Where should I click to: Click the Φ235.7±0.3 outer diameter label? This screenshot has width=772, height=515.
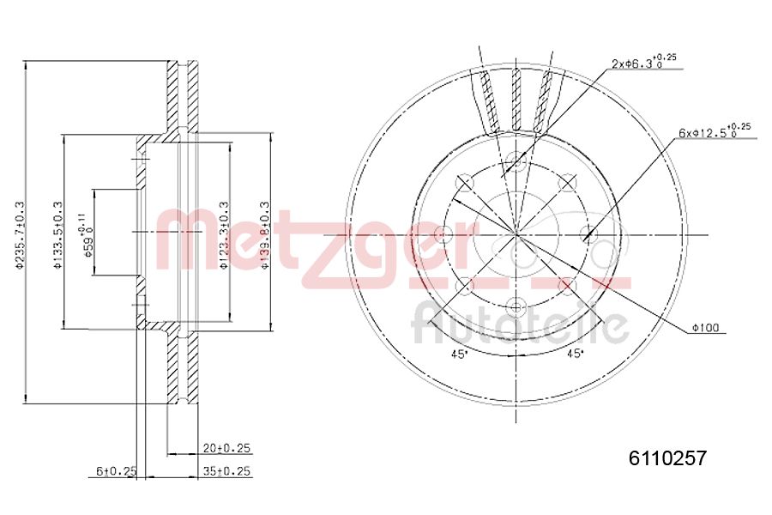[x=19, y=233]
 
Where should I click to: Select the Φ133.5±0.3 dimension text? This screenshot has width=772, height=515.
[x=57, y=233]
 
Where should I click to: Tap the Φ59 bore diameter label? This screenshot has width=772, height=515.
[x=86, y=233]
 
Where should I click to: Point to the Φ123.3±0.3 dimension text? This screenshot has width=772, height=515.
[x=223, y=233]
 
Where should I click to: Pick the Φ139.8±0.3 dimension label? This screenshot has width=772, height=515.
[x=266, y=233]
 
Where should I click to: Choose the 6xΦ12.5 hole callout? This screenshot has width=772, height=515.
[x=714, y=133]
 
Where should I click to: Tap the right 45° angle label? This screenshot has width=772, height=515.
[x=572, y=353]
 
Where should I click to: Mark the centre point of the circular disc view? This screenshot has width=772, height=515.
[x=516, y=233]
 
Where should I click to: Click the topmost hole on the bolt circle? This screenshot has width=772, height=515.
[x=516, y=161]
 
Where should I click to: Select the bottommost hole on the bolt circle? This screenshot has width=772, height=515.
[x=516, y=306]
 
